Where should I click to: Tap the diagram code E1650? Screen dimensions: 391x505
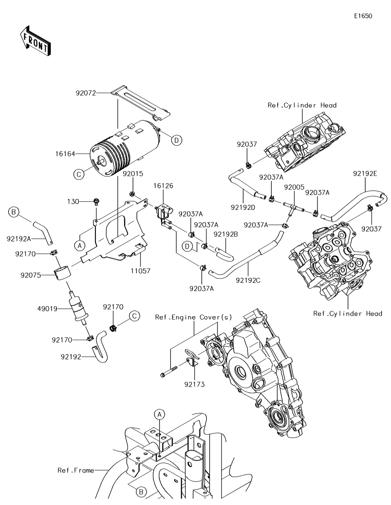(x=363, y=16)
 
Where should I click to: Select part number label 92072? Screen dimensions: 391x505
(x=86, y=93)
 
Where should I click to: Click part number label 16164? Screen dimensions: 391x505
(x=65, y=154)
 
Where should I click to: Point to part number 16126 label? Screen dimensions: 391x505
(x=163, y=186)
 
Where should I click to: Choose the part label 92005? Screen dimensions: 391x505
(x=294, y=187)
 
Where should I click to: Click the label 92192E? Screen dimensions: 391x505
(x=365, y=174)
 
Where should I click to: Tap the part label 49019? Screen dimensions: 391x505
(x=47, y=309)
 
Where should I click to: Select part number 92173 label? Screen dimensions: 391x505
(x=195, y=385)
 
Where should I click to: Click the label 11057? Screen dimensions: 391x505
(x=140, y=271)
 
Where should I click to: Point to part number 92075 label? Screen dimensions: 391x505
(x=30, y=276)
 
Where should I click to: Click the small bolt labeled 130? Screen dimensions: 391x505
(x=96, y=201)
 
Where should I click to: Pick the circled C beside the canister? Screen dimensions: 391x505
(x=79, y=174)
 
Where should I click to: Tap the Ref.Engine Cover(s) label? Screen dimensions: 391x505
(x=194, y=317)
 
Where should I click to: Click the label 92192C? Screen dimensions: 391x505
(x=248, y=281)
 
